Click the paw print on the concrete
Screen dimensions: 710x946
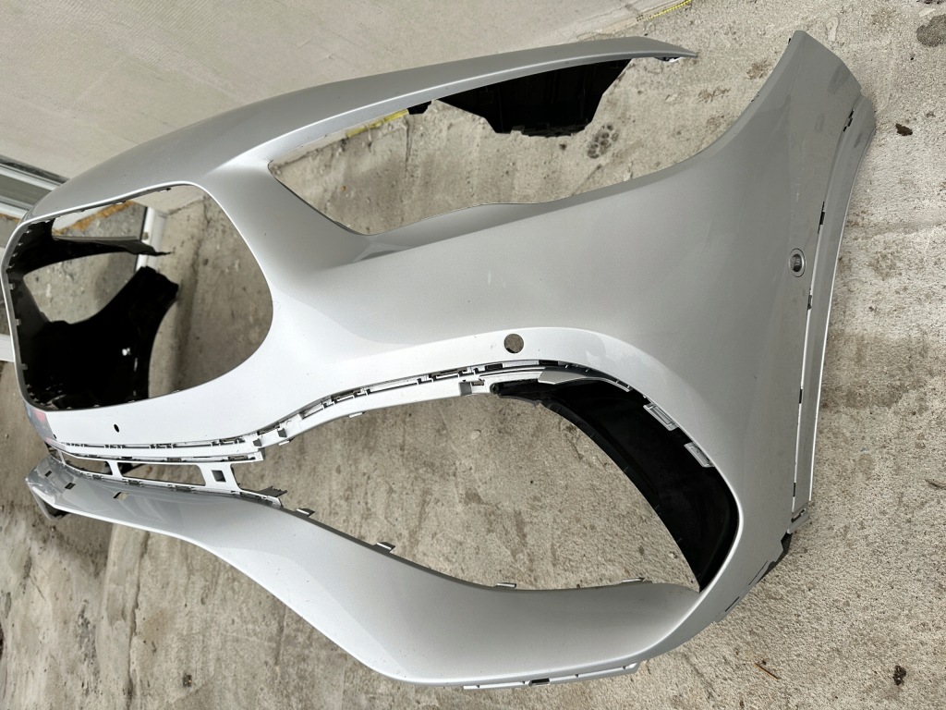(x=602, y=141)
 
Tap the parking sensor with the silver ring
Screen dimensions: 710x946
(x=795, y=262)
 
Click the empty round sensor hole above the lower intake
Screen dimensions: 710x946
(x=514, y=342)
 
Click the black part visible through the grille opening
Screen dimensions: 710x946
(x=102, y=324)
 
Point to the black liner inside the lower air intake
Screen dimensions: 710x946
(x=647, y=462)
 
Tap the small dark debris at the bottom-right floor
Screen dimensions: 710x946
(x=899, y=675)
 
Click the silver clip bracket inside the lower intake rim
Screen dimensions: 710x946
(x=697, y=454)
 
